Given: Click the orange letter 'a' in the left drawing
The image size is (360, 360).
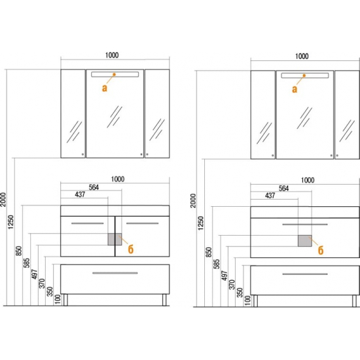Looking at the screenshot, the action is point(105,88).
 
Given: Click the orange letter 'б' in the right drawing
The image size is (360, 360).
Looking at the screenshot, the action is point(321,250).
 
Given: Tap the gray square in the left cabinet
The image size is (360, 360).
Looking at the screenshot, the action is point(115,239).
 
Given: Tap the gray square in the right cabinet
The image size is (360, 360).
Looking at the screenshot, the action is point(305,241).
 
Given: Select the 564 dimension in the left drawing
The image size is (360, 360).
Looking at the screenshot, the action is point(94,187).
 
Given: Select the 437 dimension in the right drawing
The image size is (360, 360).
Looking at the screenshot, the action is point(270,196).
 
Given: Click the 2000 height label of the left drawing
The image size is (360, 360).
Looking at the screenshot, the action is point(3,199).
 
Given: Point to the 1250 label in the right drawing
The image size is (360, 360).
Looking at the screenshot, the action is point(200,223).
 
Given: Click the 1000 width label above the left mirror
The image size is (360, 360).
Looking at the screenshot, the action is point(112,56).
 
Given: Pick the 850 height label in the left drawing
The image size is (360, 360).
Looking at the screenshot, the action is point(19,251).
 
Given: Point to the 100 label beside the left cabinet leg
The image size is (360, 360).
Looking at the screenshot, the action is point(58,299).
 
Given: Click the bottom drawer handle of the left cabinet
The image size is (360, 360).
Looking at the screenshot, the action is point(115,273).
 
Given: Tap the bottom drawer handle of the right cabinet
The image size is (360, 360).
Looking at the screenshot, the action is point(305,274).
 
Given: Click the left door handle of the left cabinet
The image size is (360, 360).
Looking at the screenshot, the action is point(88,223).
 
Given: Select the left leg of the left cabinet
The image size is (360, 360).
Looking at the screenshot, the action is point(65,300).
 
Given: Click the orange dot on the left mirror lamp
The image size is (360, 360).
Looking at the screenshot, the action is point(114,75).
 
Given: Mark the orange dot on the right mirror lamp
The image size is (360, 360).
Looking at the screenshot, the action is point(304,75).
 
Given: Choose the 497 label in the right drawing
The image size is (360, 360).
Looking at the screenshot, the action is point(225,276).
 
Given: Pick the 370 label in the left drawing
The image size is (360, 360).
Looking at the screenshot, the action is point(42,283).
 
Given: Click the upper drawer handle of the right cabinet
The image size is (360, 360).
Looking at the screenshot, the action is point(305,225).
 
